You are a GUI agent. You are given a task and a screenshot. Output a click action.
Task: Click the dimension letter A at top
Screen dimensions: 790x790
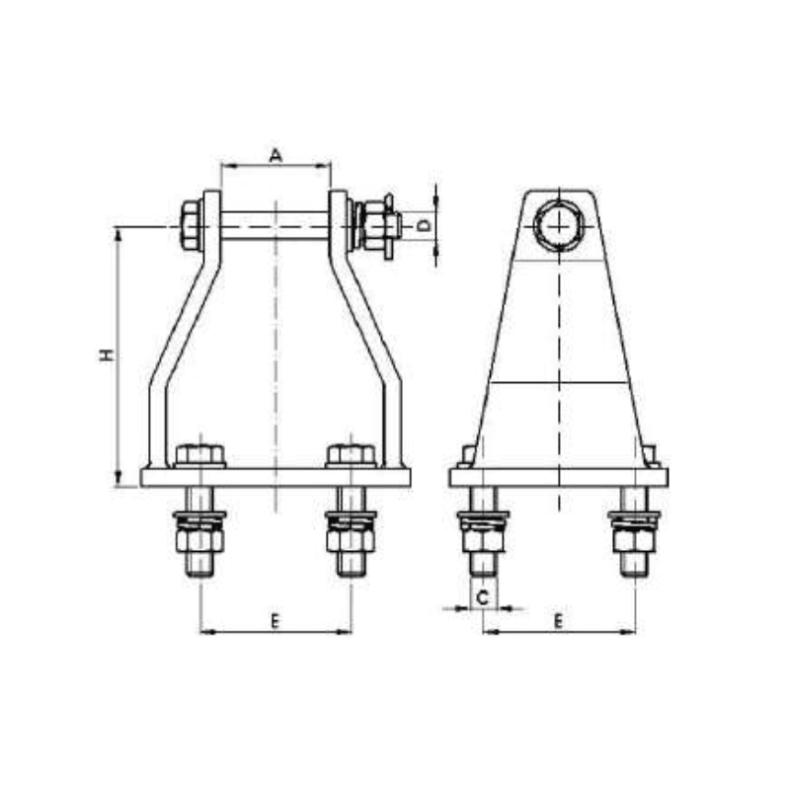276,154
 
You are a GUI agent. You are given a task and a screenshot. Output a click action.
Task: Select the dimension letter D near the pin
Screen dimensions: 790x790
423,226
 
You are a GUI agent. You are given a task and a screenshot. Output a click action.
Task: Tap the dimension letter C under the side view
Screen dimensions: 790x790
483,596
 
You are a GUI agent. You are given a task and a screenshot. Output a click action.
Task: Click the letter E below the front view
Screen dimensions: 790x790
276,620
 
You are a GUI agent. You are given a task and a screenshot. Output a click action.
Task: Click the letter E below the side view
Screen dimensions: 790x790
558,620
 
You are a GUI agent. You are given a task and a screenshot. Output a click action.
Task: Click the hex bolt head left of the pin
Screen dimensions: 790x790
191,225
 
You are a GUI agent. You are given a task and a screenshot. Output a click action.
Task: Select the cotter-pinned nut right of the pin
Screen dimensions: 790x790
378,225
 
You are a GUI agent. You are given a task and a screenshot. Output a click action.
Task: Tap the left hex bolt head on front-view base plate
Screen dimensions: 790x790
200,455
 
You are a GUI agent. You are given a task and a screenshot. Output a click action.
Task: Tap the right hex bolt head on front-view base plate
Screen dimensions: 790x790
351,455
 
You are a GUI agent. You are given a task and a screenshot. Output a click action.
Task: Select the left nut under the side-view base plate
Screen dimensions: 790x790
483,539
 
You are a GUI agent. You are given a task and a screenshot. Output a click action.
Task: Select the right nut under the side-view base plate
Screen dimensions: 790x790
634,539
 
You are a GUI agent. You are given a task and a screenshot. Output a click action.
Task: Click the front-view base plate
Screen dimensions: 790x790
276,478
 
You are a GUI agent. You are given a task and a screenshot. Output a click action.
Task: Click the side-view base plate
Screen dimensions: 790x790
558,478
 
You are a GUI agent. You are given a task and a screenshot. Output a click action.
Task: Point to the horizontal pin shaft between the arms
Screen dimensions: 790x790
276,225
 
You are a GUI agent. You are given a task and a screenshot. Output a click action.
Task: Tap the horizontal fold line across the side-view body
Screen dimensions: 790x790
558,382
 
